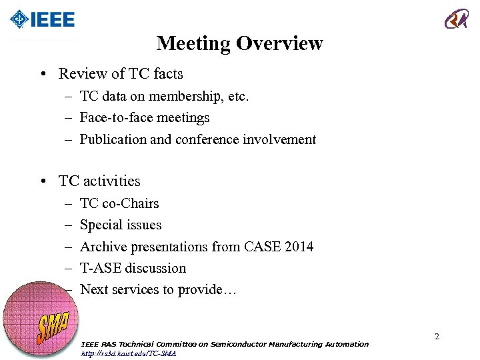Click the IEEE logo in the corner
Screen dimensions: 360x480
click(43, 19)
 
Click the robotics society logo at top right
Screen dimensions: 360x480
click(457, 19)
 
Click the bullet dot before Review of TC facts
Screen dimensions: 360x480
click(43, 74)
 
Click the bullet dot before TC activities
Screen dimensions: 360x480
click(43, 181)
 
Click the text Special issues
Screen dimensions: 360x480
click(121, 225)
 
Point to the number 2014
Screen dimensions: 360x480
click(297, 247)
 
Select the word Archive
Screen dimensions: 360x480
click(102, 247)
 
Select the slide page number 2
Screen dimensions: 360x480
click(437, 337)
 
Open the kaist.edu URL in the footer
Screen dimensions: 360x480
click(129, 353)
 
